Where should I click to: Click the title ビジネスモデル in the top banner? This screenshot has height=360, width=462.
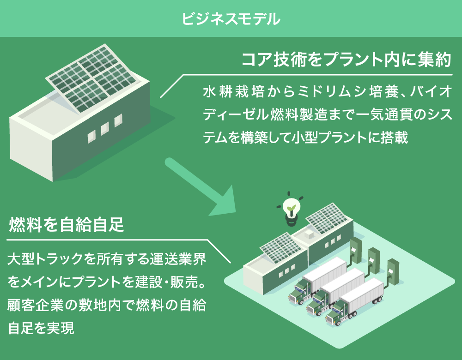coord(231,18)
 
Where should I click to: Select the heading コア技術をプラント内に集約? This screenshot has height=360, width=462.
coord(346,60)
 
